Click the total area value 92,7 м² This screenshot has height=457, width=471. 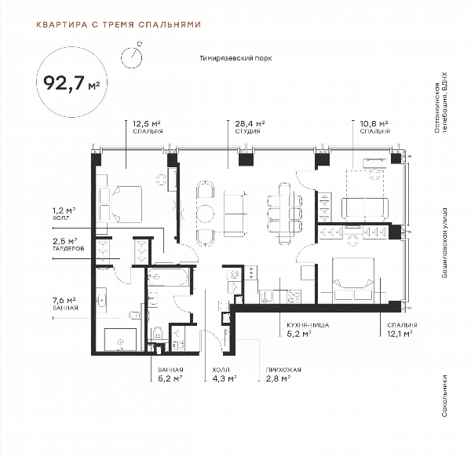click(x=71, y=83)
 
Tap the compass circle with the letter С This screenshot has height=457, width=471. click(x=131, y=57)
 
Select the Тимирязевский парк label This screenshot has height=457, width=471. click(x=235, y=58)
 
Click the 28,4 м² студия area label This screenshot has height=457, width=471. click(x=250, y=126)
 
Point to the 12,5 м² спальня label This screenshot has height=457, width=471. click(x=148, y=126)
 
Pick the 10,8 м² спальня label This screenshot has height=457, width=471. click(x=375, y=126)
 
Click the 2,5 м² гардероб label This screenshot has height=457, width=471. click(x=68, y=244)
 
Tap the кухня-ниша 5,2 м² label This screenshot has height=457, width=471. click(x=308, y=330)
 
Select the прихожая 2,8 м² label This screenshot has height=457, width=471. click(x=283, y=375)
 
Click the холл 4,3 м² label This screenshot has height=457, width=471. click(x=225, y=375)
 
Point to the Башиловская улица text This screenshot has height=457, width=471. click(x=444, y=243)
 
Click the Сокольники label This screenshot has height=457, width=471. click(x=444, y=396)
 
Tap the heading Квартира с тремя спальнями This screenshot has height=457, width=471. click(x=119, y=24)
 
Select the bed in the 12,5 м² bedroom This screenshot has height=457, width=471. click(x=120, y=204)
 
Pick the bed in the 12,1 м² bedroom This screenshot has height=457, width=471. click(x=353, y=280)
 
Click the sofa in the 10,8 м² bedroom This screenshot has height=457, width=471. click(x=365, y=209)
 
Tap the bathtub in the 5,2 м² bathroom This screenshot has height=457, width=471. click(x=168, y=276)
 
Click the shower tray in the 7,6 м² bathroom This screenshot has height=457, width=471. click(x=120, y=339)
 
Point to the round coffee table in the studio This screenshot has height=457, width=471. click(x=206, y=214)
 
